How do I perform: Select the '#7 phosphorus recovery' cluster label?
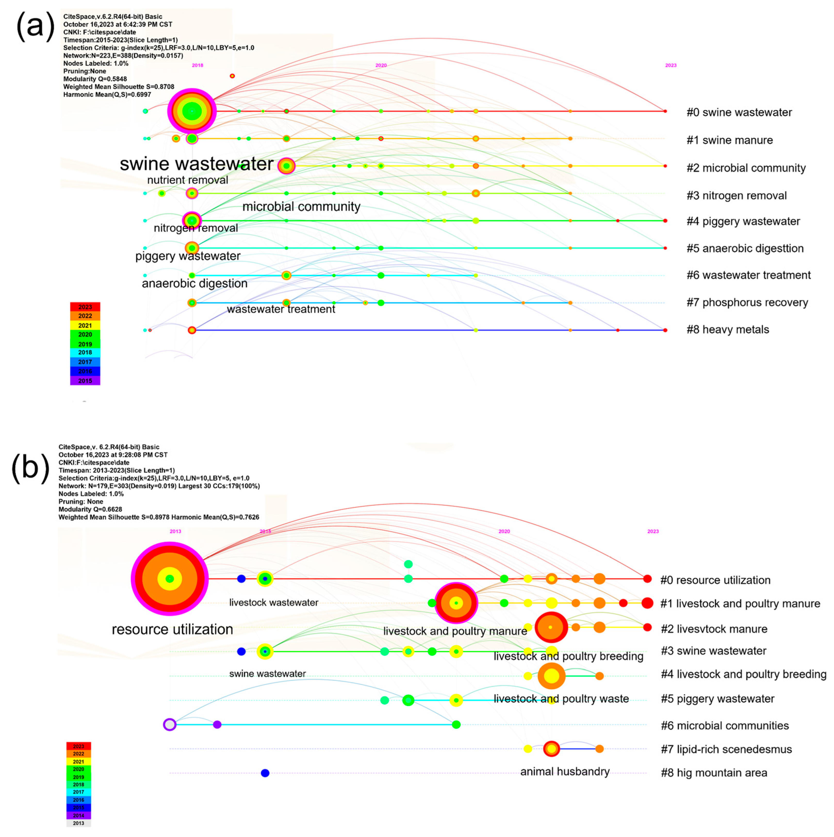[x=747, y=302]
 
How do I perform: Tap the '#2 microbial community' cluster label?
[x=746, y=168]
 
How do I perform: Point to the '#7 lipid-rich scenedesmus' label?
[x=726, y=749]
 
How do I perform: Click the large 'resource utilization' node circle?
[x=170, y=579]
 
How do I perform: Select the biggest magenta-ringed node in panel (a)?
[x=192, y=111]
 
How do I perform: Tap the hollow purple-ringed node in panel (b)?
[x=170, y=724]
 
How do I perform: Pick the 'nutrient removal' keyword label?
[x=187, y=180]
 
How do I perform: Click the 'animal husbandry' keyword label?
[x=565, y=772]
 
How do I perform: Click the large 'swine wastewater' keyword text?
[x=197, y=164]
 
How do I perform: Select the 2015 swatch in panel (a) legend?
[x=85, y=381]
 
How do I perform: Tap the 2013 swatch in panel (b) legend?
[x=78, y=823]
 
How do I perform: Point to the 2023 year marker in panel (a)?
[x=671, y=65]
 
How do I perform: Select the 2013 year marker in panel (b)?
[x=175, y=532]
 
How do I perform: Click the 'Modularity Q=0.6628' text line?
[x=91, y=509]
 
